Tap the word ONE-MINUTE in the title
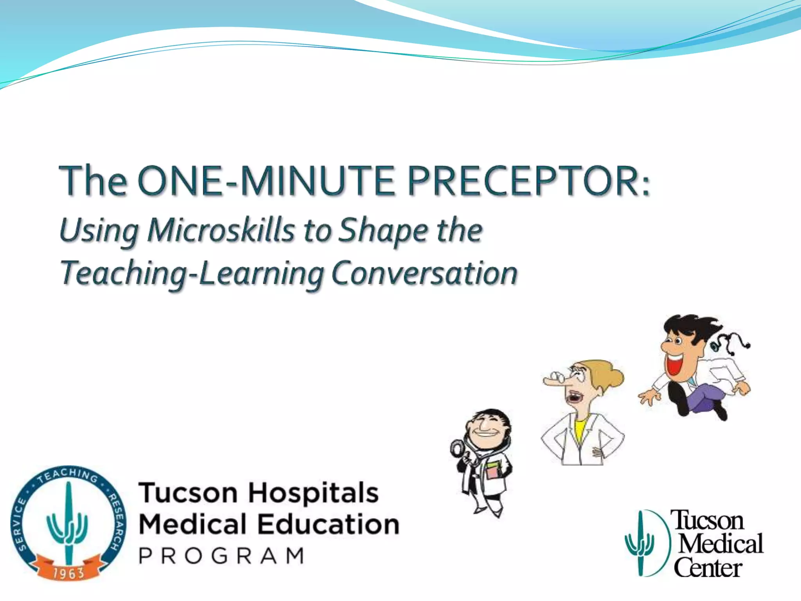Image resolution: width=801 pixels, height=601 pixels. coord(266,181)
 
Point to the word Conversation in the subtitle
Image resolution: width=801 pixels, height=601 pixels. coord(424,273)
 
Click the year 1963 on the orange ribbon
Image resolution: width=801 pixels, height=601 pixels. coord(68,574)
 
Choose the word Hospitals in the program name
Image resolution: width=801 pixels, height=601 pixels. coord(313,493)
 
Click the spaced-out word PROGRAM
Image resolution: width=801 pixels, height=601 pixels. coord(221,556)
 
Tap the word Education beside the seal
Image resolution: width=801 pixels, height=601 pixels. coord(329,525)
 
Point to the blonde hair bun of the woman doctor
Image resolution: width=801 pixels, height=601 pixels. coord(615,378)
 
